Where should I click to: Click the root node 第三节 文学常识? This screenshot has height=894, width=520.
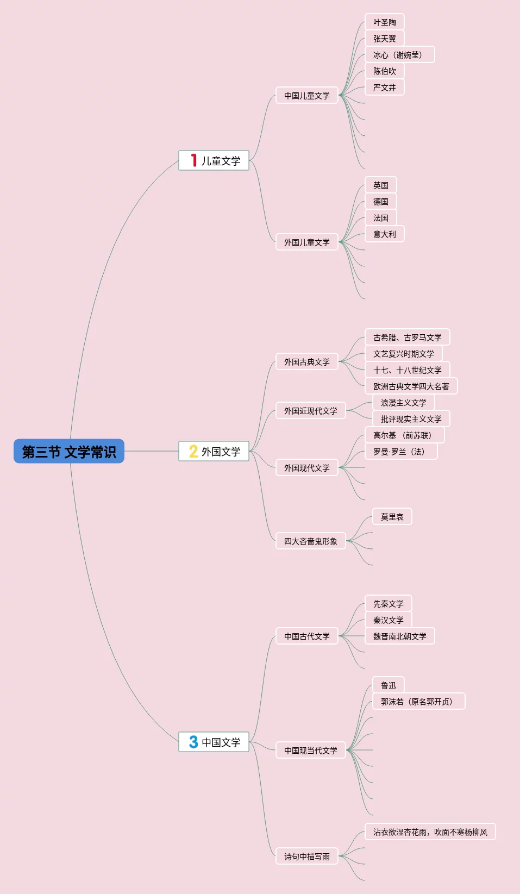click(x=69, y=451)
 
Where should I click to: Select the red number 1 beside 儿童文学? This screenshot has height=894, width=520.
click(x=193, y=160)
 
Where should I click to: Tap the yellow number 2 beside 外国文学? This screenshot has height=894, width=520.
click(x=193, y=451)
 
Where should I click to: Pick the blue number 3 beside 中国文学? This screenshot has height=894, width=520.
click(x=193, y=742)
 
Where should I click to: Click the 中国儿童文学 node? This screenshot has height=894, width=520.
click(x=307, y=96)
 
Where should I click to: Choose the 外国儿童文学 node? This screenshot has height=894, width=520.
click(x=307, y=242)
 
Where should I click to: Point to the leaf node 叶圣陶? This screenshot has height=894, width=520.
click(x=385, y=22)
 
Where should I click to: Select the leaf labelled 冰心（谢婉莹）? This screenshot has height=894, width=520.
click(x=400, y=55)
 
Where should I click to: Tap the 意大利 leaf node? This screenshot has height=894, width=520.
click(x=385, y=234)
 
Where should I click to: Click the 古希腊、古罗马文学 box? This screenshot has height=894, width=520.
click(x=408, y=337)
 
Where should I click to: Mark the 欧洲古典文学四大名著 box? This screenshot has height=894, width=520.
click(x=411, y=386)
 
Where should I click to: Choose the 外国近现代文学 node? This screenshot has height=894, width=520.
click(x=311, y=411)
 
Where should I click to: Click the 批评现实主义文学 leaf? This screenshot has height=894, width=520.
click(x=411, y=419)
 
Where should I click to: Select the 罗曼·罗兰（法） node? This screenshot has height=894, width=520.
click(x=401, y=452)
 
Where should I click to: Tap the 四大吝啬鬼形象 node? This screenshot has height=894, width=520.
click(x=311, y=541)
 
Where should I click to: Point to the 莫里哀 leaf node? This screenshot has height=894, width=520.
click(x=392, y=517)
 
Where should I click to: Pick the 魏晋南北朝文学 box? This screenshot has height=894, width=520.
click(x=400, y=636)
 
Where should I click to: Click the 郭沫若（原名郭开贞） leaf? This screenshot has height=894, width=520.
click(x=419, y=702)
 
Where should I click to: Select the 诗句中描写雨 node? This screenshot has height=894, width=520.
click(x=307, y=857)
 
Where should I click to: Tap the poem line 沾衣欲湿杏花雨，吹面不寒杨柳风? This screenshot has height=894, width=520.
click(x=430, y=832)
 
